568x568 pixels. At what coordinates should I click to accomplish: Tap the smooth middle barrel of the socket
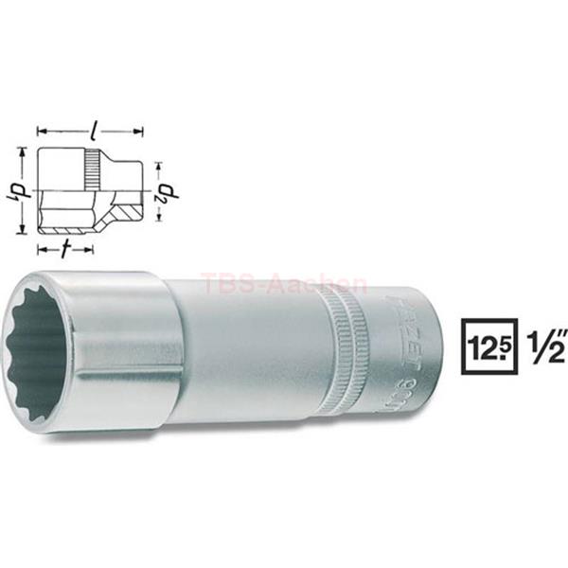256,350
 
